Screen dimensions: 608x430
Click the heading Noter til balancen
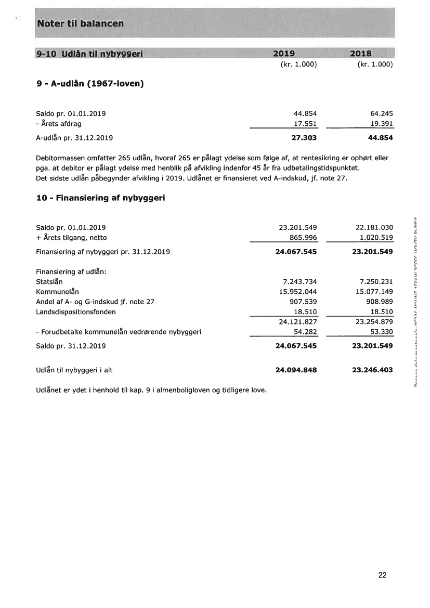(x=81, y=23)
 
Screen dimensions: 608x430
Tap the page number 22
(x=382, y=575)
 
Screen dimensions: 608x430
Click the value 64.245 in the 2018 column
(x=380, y=113)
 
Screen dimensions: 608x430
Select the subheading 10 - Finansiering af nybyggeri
(x=100, y=198)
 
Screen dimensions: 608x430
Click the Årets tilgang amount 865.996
(x=303, y=238)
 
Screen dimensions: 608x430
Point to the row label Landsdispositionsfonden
(x=76, y=312)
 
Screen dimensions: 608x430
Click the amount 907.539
(x=303, y=302)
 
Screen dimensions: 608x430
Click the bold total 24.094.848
(x=295, y=370)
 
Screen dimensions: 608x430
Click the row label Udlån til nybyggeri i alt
(x=74, y=370)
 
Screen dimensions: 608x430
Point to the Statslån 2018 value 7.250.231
(x=374, y=281)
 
